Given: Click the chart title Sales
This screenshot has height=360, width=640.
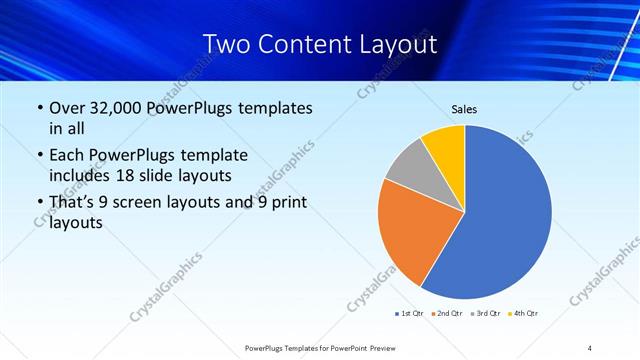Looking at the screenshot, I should point(464,108).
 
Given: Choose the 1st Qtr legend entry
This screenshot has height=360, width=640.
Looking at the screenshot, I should point(411,314).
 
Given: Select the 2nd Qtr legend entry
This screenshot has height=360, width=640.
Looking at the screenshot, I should point(447,314).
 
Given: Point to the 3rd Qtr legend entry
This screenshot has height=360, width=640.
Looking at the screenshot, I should point(486,314).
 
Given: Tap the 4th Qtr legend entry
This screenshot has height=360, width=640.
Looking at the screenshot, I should point(523,314).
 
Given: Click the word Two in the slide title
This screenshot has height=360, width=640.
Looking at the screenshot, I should point(226,44).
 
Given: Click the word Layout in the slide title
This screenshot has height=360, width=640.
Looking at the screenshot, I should point(395,44).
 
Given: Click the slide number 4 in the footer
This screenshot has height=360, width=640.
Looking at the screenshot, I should point(590,347).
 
